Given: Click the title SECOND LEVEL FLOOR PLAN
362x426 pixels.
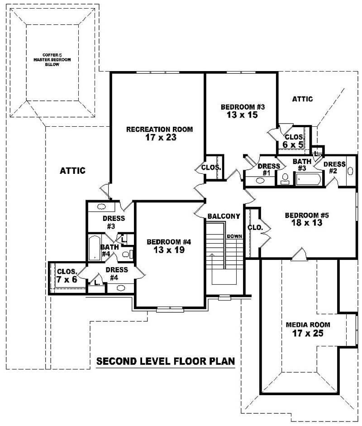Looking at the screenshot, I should click(x=166, y=361).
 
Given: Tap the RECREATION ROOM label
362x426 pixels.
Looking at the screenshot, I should click(x=159, y=129).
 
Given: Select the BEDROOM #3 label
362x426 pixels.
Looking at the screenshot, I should click(x=242, y=107).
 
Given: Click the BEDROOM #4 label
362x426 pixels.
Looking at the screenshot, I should click(x=169, y=242).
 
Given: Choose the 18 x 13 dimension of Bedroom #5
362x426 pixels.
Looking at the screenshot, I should click(x=303, y=223).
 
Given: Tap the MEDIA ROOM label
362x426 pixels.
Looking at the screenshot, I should click(x=308, y=325).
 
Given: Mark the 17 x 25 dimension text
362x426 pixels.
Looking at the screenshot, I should click(x=308, y=334).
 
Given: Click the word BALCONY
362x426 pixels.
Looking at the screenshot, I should click(x=224, y=216).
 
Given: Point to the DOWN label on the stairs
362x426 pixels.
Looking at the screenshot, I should click(x=234, y=236).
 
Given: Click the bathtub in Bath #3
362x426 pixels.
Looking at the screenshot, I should click(x=308, y=180).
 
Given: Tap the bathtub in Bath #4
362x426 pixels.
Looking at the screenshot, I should click(x=95, y=248).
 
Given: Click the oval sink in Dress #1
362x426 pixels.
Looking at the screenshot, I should click(x=261, y=181).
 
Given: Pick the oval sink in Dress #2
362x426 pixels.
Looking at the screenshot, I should click(x=351, y=171).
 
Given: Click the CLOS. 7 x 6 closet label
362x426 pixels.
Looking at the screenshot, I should click(x=67, y=276).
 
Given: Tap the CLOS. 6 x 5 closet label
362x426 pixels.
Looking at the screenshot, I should click(x=293, y=141).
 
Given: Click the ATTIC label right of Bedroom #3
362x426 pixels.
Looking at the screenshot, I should click(x=302, y=99).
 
